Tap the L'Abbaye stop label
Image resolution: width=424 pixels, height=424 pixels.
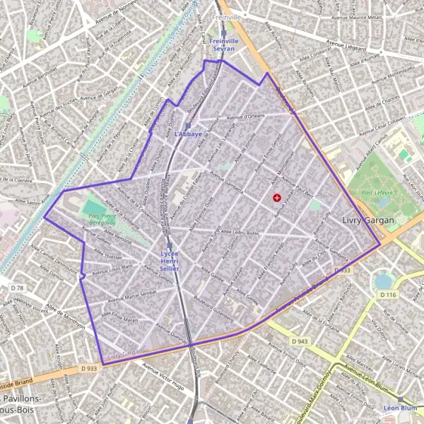[x=187, y=134]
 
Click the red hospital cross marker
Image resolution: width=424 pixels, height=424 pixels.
[x=276, y=198]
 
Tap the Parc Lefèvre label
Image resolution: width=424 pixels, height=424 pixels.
[x=377, y=192]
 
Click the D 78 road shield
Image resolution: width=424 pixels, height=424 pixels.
[x=17, y=288]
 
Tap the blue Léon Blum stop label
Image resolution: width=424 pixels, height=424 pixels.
[x=399, y=408]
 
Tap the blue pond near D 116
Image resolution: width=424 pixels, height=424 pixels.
[x=383, y=281]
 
